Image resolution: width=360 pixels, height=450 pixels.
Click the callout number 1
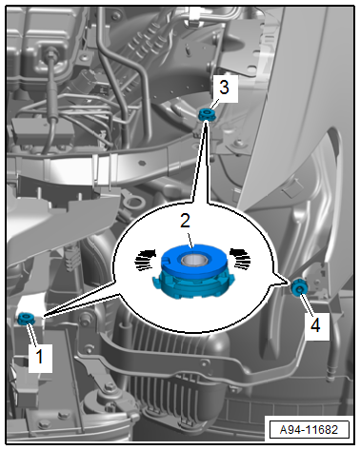(x=40, y=357)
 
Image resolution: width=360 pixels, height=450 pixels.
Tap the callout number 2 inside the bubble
(x=185, y=221)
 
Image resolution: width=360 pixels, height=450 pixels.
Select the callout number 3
(x=224, y=87)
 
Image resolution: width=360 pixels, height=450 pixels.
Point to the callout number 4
(x=315, y=324)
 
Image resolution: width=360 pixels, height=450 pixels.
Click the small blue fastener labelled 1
(x=26, y=318)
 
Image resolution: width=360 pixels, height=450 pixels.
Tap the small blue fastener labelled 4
(x=299, y=287)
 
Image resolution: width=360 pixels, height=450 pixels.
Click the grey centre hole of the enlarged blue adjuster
(x=194, y=260)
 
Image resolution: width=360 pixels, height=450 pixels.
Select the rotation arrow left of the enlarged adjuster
(x=146, y=259)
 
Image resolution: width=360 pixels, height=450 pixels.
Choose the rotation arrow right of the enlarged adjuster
(x=240, y=258)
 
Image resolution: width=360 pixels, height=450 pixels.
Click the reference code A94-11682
(x=309, y=430)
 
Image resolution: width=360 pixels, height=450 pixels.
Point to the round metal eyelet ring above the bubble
(x=132, y=202)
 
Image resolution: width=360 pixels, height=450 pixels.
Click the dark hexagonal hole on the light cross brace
(x=142, y=163)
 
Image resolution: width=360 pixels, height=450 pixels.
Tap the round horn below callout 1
(x=107, y=409)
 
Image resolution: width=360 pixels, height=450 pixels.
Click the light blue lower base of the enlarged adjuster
(x=193, y=284)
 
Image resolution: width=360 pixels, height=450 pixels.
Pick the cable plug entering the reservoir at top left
(x=50, y=53)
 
